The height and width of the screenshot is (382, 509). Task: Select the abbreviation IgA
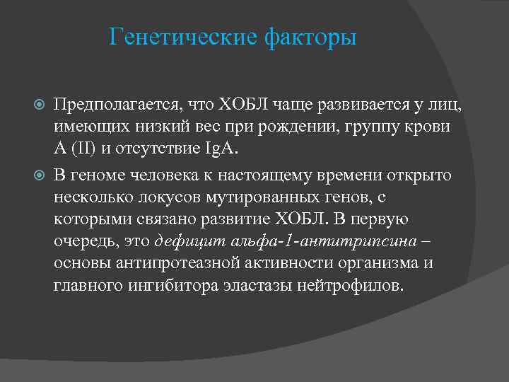point(222,150)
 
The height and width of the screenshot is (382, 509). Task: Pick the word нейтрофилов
point(359,286)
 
